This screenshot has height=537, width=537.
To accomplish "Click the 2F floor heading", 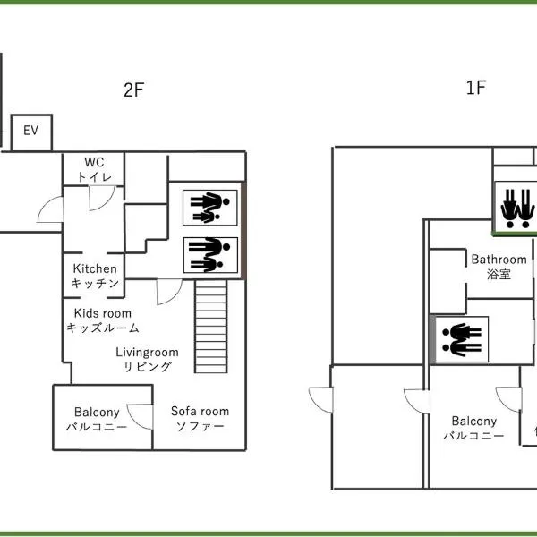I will pos(134,89).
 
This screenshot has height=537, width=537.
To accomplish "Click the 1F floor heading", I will pos(477,89).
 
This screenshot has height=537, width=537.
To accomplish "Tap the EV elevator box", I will pos(31,132).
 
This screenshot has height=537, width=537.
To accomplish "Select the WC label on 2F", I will pos(95,163).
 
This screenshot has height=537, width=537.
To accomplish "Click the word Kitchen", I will pos(95,268).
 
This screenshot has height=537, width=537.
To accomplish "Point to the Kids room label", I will pos(102,313).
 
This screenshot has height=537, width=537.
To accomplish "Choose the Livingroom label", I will pos(147,353).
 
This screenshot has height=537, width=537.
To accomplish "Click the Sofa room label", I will pos(200,412).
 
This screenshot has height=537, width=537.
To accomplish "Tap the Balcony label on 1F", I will pos(473,421).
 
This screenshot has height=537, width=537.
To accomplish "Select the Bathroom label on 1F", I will pos(499,260).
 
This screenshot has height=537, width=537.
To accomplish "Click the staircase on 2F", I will pos(213,327).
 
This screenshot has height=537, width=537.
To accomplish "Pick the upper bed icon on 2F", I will pos(211,208).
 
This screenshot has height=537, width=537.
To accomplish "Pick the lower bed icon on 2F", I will pos(211,255).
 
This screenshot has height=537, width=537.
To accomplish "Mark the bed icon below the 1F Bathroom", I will pos(462,339).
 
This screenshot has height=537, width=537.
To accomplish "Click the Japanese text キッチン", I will pos(95,284).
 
